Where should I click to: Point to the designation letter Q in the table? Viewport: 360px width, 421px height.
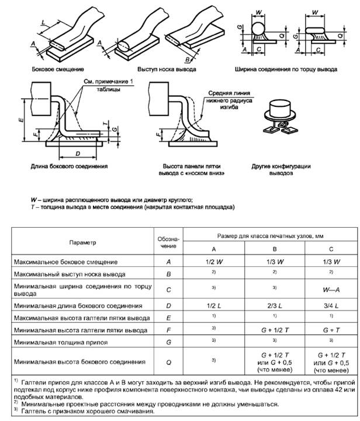point(168,363)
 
